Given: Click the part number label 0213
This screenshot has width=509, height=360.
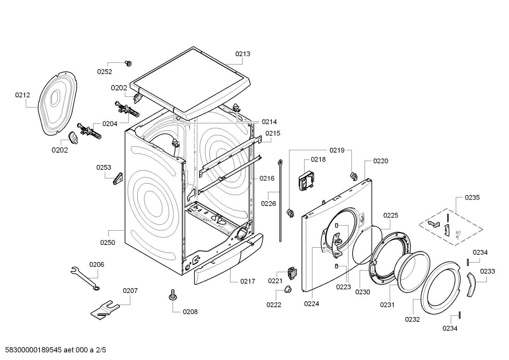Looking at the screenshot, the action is tap(242, 54).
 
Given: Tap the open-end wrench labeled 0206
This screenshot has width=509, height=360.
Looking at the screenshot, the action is tap(85, 279).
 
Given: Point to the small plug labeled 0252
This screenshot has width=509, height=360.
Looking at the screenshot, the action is tap(128, 64).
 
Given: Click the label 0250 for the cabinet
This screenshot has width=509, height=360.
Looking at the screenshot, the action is tap(108, 242).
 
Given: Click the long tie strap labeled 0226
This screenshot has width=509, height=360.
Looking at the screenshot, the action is tap(280, 200).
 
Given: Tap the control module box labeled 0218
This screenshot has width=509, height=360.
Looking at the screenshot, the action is tap(306, 181).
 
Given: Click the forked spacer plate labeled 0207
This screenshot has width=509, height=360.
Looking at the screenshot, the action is tap(105, 309).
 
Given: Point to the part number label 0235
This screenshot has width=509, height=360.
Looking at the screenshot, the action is tap(472, 197).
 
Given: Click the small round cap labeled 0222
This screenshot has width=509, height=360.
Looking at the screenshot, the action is tap(288, 289).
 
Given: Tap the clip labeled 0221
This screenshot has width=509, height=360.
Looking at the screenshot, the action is tap(292, 273).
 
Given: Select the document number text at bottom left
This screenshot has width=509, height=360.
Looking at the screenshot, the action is tap(55, 350).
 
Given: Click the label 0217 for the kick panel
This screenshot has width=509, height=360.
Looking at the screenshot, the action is tap(248, 282).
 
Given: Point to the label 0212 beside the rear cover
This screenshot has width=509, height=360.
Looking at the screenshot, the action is tap(23, 95).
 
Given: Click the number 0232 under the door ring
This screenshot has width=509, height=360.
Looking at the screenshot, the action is tap(412, 319).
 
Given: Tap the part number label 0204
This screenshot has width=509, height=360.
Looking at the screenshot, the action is tap(110, 124).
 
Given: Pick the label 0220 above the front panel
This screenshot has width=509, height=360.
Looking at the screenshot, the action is tap(381, 161).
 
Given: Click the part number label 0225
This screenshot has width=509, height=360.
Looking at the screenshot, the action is tap(391, 216).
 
